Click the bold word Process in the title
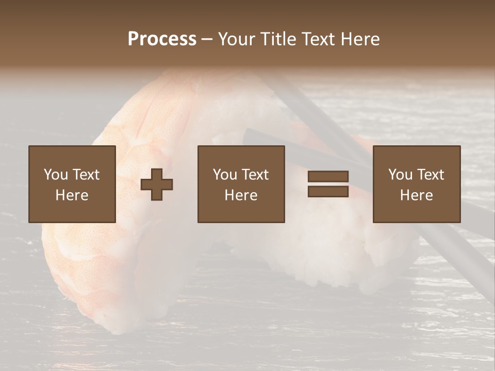coord(162,39)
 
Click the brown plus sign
coord(157,184)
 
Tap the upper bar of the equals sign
coord(328,176)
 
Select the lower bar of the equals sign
coord(328,192)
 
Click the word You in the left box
coord(55,175)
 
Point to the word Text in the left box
coord(86,175)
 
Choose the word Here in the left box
coord(72,195)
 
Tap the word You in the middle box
coord(225,175)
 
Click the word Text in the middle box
coord(255,175)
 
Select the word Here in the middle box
coord(241,195)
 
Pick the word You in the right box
coord(400,175)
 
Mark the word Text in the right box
coord(430,175)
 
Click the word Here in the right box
coord(416,195)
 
